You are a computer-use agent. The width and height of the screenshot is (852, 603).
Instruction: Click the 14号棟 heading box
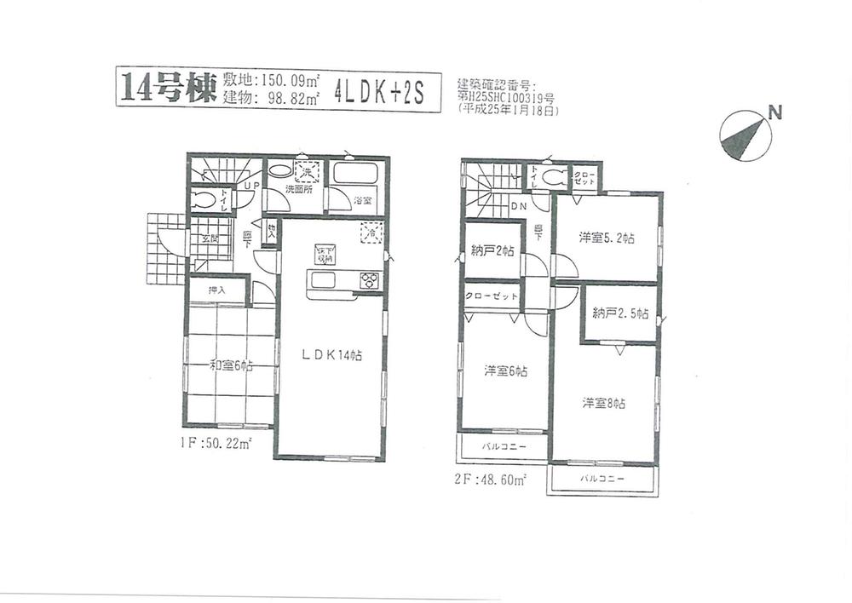coord(162,88)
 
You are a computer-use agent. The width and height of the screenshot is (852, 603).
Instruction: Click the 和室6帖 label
coord(231,366)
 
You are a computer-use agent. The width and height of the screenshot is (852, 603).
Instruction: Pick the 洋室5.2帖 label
coord(606,238)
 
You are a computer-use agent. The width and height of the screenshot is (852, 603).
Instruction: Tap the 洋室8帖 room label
coord(604,403)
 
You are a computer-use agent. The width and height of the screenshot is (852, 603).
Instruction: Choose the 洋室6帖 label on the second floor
coord(505,370)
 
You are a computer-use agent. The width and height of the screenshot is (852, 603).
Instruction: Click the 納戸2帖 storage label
coord(492,250)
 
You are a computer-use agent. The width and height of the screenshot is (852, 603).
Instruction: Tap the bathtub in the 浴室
coord(354,174)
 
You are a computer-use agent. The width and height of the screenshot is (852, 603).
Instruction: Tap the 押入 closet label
coord(217,290)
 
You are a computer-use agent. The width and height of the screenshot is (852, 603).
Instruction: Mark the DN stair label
coord(518,206)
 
